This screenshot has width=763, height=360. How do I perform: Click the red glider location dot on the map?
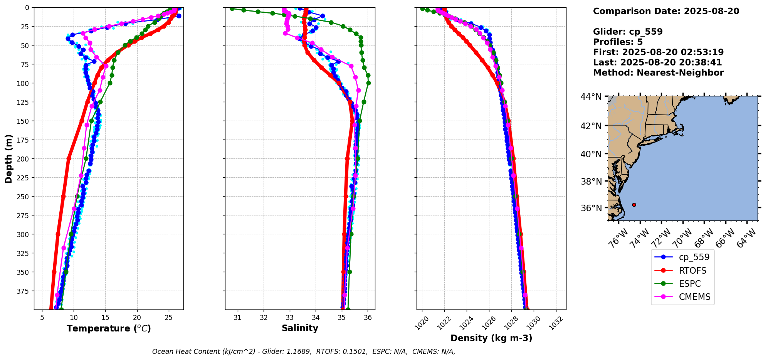pos(634,205)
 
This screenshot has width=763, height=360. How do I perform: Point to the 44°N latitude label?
pos(591,97)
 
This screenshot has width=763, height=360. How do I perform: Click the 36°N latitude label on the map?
pos(591,208)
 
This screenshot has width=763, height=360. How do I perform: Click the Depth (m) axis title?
pos(9,158)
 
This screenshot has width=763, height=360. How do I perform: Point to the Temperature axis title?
pos(109,328)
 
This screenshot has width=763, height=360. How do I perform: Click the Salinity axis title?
pos(300,328)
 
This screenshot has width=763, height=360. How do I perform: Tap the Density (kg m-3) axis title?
pos(491,338)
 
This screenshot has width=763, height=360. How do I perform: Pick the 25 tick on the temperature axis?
pos(168,318)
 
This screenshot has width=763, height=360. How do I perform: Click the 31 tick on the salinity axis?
pos(238,318)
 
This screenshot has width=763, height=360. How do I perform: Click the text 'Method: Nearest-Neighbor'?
pos(658,73)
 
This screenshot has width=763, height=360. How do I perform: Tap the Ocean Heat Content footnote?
pos(304,352)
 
